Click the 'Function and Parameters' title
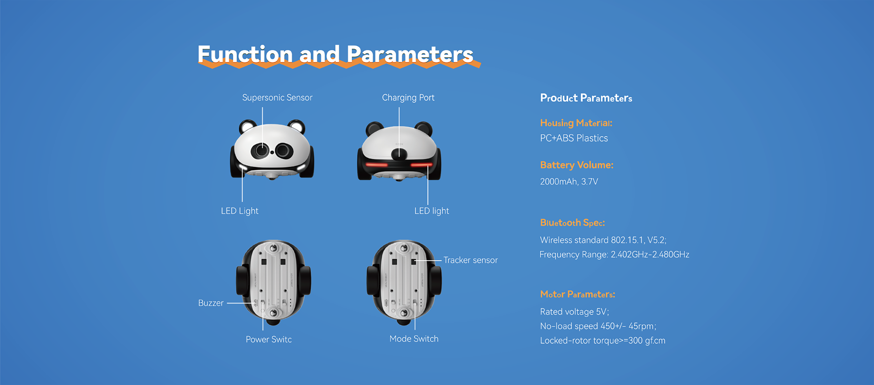pyautogui.click(x=335, y=54)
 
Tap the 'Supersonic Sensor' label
pyautogui.click(x=277, y=98)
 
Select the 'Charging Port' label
pyautogui.click(x=408, y=98)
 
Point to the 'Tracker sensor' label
pyautogui.click(x=470, y=260)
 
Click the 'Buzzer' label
pyautogui.click(x=211, y=303)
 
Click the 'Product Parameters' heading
pyautogui.click(x=586, y=98)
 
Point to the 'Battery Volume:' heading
pyautogui.click(x=577, y=165)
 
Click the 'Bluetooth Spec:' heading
pyautogui.click(x=572, y=223)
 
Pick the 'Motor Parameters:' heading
pyautogui.click(x=577, y=294)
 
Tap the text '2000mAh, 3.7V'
pyautogui.click(x=569, y=182)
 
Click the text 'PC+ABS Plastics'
pyautogui.click(x=574, y=138)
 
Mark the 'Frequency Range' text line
pyautogui.click(x=614, y=255)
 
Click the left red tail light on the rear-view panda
pyautogui.click(x=377, y=165)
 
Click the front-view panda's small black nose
pyautogui.click(x=272, y=152)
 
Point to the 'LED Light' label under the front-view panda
pyautogui.click(x=239, y=211)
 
